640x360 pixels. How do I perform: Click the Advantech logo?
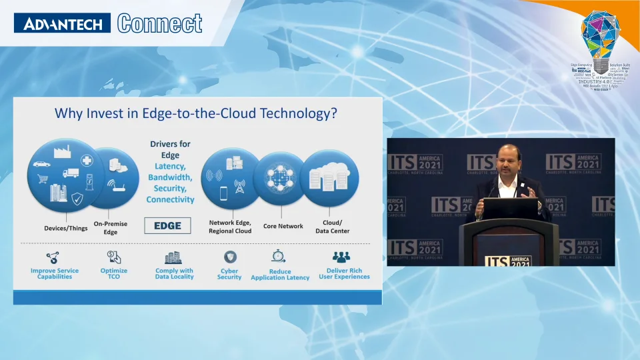point(63,24)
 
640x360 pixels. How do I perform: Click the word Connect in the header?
point(160,24)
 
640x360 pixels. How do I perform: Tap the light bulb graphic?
point(600,40)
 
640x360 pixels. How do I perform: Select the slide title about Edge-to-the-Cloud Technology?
point(195,113)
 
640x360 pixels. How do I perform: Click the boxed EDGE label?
point(167,225)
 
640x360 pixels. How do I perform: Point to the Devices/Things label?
point(66,228)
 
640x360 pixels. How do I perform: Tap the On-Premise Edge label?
point(111,228)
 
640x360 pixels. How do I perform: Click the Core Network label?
point(283,226)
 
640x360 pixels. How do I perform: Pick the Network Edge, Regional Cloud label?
point(230,227)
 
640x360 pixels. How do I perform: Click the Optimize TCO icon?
point(114,257)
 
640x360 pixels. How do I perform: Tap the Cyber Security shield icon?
point(229,257)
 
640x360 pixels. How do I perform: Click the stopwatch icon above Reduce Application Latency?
point(279,257)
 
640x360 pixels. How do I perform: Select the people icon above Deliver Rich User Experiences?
point(341,257)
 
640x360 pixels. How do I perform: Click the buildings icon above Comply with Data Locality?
point(173,257)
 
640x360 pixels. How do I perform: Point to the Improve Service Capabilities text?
point(55,273)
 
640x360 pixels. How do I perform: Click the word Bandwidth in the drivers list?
point(170,177)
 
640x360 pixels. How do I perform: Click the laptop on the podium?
point(511,209)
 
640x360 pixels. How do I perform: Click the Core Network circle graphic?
point(280,178)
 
